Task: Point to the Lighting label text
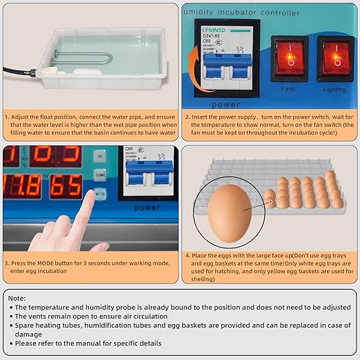tap(334, 89)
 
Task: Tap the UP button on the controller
tap(100, 157)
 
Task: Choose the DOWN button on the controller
tap(100, 176)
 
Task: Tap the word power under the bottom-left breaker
tap(147, 206)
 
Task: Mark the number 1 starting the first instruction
tap(7, 117)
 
